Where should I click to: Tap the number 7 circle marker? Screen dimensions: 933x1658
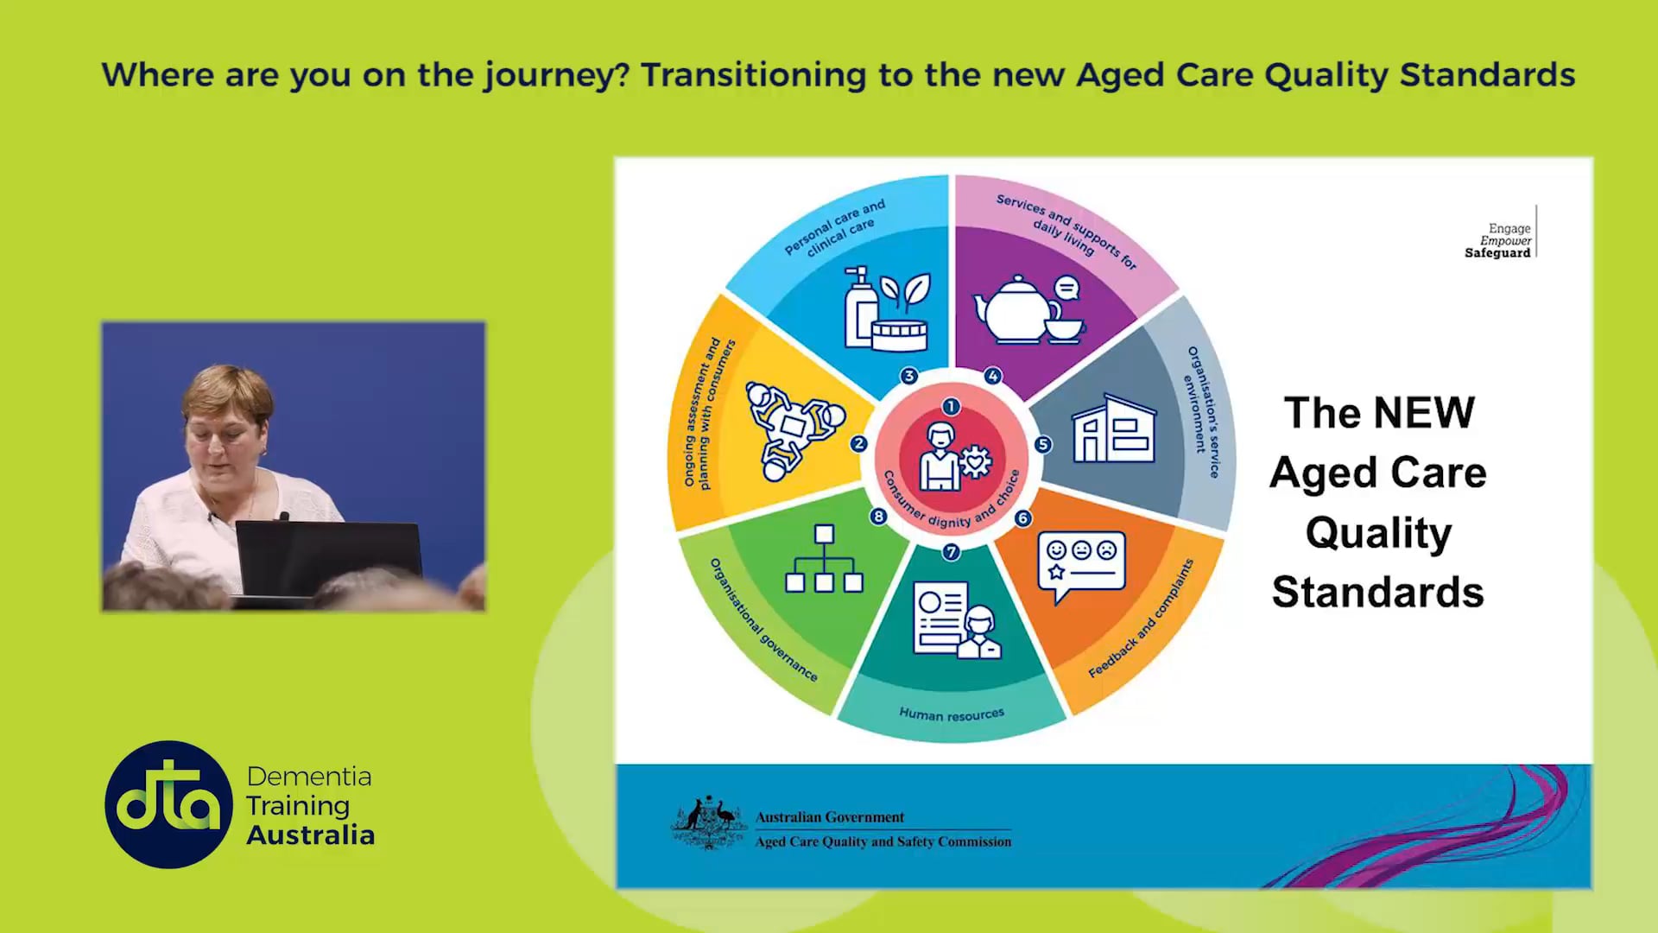[951, 552]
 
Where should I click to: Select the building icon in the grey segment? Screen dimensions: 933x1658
[1114, 429]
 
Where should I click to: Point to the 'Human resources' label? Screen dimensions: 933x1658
[952, 714]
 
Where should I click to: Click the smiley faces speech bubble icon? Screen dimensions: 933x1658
[1082, 566]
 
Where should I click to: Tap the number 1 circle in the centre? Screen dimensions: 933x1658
[951, 406]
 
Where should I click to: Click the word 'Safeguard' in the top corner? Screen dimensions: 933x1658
[1497, 253]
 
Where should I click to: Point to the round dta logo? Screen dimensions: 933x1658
[168, 804]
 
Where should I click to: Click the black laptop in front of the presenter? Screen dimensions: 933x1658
[328, 557]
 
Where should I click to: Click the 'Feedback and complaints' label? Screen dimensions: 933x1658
[1141, 619]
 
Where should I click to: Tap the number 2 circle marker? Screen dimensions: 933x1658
[858, 443]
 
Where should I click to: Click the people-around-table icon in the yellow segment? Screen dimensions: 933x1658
[793, 428]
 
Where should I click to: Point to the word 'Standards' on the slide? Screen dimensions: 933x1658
[1377, 593]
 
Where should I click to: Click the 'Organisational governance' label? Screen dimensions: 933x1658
[763, 620]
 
